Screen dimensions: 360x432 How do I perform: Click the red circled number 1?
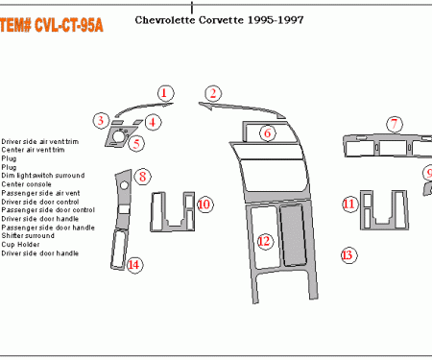click(165, 93)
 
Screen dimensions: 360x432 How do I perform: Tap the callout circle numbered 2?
click(213, 93)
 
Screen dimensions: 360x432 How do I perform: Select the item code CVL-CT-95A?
click(49, 26)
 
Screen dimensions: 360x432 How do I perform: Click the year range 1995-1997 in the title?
click(285, 19)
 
